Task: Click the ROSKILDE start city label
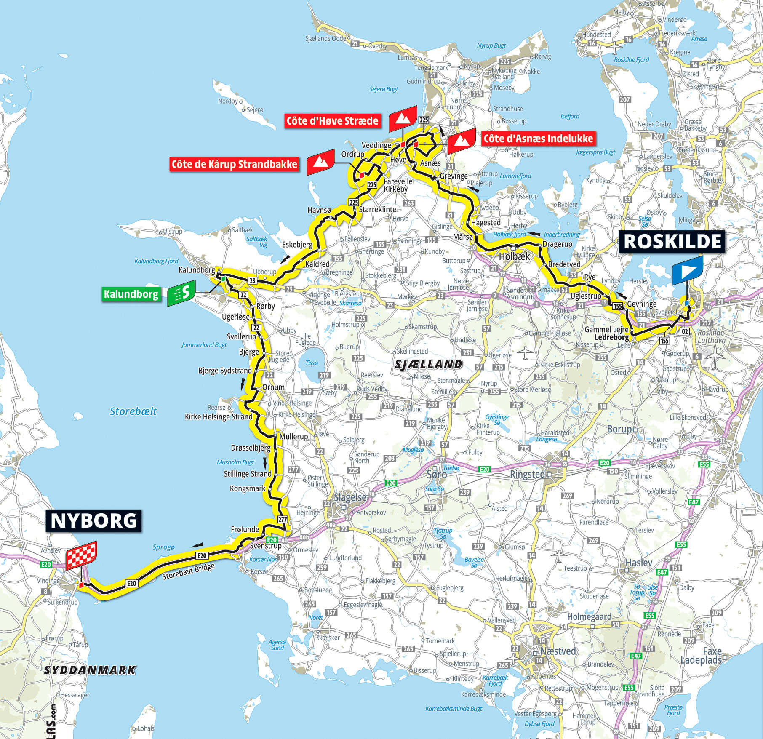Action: point(672,242)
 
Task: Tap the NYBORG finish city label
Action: point(93,521)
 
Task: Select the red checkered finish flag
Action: point(81,555)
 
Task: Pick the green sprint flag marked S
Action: point(181,292)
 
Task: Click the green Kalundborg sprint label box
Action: point(131,294)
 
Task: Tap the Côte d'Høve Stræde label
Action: point(332,121)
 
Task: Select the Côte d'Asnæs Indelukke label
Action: point(538,139)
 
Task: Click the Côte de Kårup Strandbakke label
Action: point(234,164)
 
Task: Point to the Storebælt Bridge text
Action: point(189,571)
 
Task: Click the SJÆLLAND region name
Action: point(428,364)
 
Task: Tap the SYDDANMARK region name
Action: point(90,670)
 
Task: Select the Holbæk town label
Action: point(514,256)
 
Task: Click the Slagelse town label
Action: point(350,497)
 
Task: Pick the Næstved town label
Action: point(558,651)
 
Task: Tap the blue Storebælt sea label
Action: point(133,411)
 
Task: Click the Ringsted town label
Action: point(527,475)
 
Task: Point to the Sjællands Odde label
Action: point(325,38)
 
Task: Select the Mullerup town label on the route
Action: point(293,437)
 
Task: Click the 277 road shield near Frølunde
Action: point(282,520)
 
